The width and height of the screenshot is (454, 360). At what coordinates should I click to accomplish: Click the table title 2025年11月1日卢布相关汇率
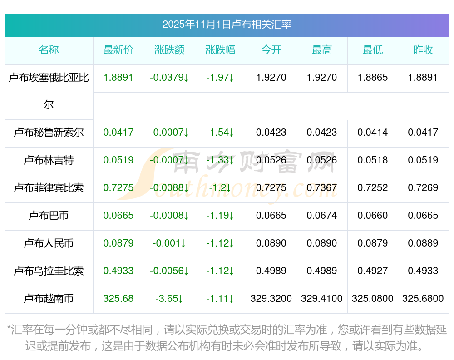pos(227,25)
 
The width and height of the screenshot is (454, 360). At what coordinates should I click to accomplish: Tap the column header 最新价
pos(118,50)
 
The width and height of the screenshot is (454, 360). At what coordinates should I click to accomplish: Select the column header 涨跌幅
pos(220,50)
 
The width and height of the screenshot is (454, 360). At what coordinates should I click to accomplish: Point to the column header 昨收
pos(423,50)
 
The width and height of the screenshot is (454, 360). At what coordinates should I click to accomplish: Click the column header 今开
pos(271,50)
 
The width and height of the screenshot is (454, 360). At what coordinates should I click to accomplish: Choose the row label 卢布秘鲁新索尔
pos(49,133)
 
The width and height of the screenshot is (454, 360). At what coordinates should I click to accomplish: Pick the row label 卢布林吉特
pos(49,160)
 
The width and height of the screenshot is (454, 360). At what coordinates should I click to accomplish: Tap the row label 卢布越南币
pos(49,299)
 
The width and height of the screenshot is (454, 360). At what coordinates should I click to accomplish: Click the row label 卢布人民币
pos(49,243)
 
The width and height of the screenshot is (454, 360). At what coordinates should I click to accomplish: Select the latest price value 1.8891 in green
pos(118,77)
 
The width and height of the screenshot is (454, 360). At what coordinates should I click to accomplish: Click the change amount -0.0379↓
pos(169,78)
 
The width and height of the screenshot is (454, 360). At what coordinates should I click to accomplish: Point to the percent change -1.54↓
pos(220,133)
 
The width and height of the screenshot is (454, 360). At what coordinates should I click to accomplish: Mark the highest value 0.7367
pos(322,188)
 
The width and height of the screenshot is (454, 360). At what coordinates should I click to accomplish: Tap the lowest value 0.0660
pos(373,216)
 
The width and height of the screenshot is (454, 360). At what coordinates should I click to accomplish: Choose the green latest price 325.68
pos(118,299)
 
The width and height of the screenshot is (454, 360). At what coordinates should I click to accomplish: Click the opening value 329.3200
pos(271,299)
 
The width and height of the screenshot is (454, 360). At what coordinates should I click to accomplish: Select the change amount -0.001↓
pos(169,243)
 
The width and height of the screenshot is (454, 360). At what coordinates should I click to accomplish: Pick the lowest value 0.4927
pos(373,271)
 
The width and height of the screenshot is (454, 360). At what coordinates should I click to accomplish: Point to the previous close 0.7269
pos(423,188)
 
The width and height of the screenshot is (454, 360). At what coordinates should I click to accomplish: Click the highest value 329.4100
pos(322,299)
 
